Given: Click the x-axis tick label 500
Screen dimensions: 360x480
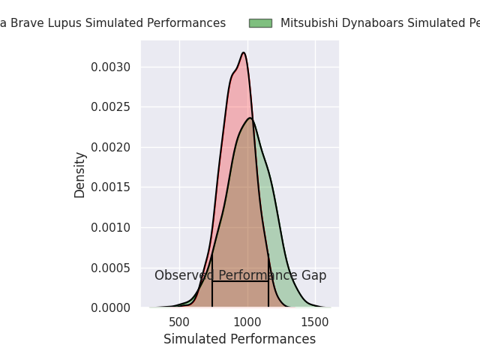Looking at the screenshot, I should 179,322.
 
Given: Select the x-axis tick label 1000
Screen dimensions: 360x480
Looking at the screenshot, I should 247,322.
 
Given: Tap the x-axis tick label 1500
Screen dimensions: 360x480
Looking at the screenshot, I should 315,322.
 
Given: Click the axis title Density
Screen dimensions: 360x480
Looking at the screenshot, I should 80,175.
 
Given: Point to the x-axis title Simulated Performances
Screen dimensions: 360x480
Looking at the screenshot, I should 240,340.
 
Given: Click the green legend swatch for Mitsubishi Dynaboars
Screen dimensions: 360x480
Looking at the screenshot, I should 260,23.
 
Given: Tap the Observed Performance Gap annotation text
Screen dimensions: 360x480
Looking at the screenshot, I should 240,276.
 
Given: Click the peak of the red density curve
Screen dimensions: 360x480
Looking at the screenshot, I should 244,52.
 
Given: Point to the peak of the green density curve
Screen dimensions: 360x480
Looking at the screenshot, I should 250,118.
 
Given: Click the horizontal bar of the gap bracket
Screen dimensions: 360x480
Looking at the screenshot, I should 240,281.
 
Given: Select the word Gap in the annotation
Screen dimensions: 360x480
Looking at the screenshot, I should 313,276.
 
